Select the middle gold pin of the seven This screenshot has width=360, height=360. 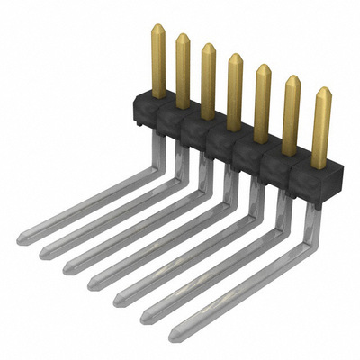click(x=235, y=90)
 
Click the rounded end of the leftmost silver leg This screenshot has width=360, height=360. click(x=19, y=238)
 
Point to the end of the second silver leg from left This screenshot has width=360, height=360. click(x=41, y=252)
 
